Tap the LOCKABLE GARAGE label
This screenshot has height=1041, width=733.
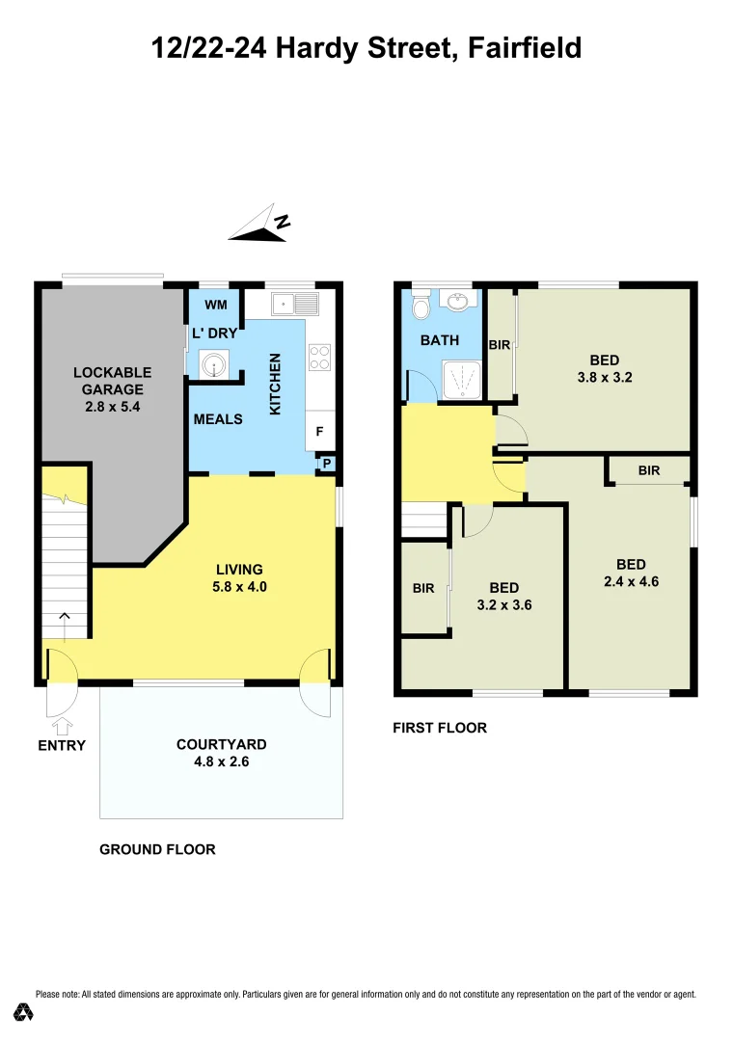point(112,381)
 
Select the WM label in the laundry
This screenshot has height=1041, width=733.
point(216,306)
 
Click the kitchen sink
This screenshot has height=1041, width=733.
point(296,305)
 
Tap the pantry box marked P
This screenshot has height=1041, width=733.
point(327,465)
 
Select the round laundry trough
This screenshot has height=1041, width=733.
point(212,365)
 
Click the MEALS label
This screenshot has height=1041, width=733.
point(218,419)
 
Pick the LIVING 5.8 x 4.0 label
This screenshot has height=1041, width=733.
point(239,577)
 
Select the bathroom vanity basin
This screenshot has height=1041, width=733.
point(457,303)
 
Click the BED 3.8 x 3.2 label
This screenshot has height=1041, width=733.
point(604,369)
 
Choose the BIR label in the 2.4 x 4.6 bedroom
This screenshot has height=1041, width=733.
point(649,470)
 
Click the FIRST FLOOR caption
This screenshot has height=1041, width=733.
point(440,728)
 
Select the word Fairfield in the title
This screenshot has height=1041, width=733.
point(525,47)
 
